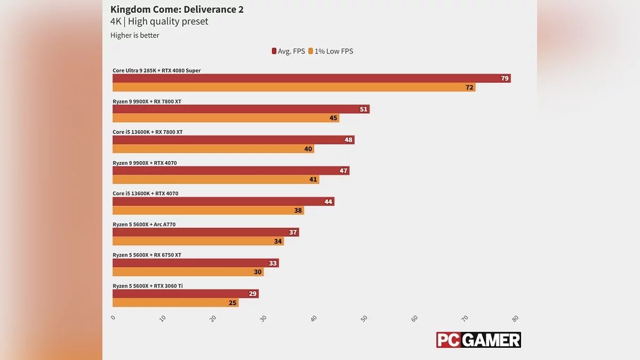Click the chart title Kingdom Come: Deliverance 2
point(177,10)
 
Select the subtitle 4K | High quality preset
point(159,22)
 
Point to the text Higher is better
point(135,36)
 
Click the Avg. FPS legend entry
point(288,51)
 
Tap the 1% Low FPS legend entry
point(330,51)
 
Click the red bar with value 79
point(311,78)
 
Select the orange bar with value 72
point(294,87)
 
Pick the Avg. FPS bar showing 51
point(241,109)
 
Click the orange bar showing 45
point(226,118)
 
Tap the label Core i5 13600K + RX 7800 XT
point(148,132)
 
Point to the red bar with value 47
point(231,171)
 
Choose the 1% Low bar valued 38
point(208,211)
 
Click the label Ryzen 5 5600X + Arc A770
point(144,225)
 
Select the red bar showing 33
point(196,263)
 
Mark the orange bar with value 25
point(175,303)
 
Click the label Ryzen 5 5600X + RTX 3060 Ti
point(148,286)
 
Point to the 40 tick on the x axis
point(314,318)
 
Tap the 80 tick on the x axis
point(515,318)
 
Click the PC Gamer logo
point(478,340)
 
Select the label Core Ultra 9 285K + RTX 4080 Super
point(157,70)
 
